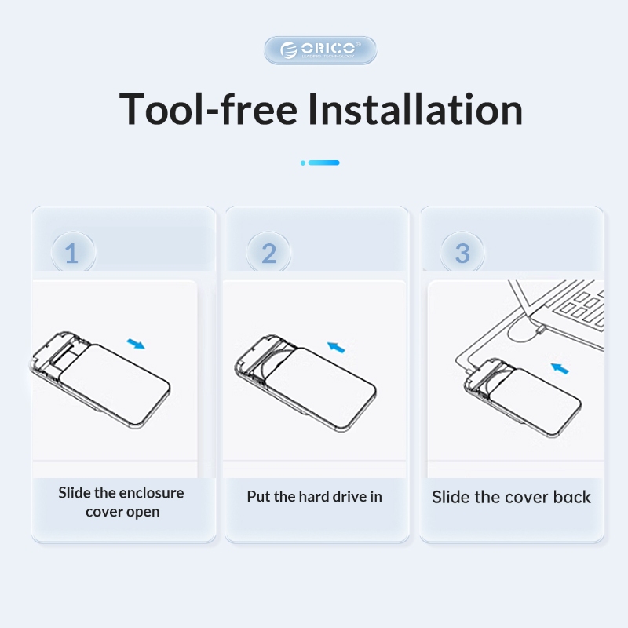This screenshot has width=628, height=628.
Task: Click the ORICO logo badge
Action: click(320, 50)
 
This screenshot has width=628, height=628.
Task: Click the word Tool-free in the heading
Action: click(208, 109)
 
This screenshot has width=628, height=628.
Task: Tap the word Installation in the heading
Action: click(415, 109)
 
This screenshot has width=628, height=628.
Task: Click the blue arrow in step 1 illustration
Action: click(136, 344)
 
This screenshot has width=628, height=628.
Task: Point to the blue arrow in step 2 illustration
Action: click(336, 347)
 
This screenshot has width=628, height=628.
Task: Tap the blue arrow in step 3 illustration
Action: click(560, 368)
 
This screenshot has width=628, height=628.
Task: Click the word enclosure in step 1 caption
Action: click(152, 493)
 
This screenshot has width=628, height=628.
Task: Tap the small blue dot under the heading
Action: click(303, 162)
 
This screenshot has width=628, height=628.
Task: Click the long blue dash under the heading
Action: click(324, 162)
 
